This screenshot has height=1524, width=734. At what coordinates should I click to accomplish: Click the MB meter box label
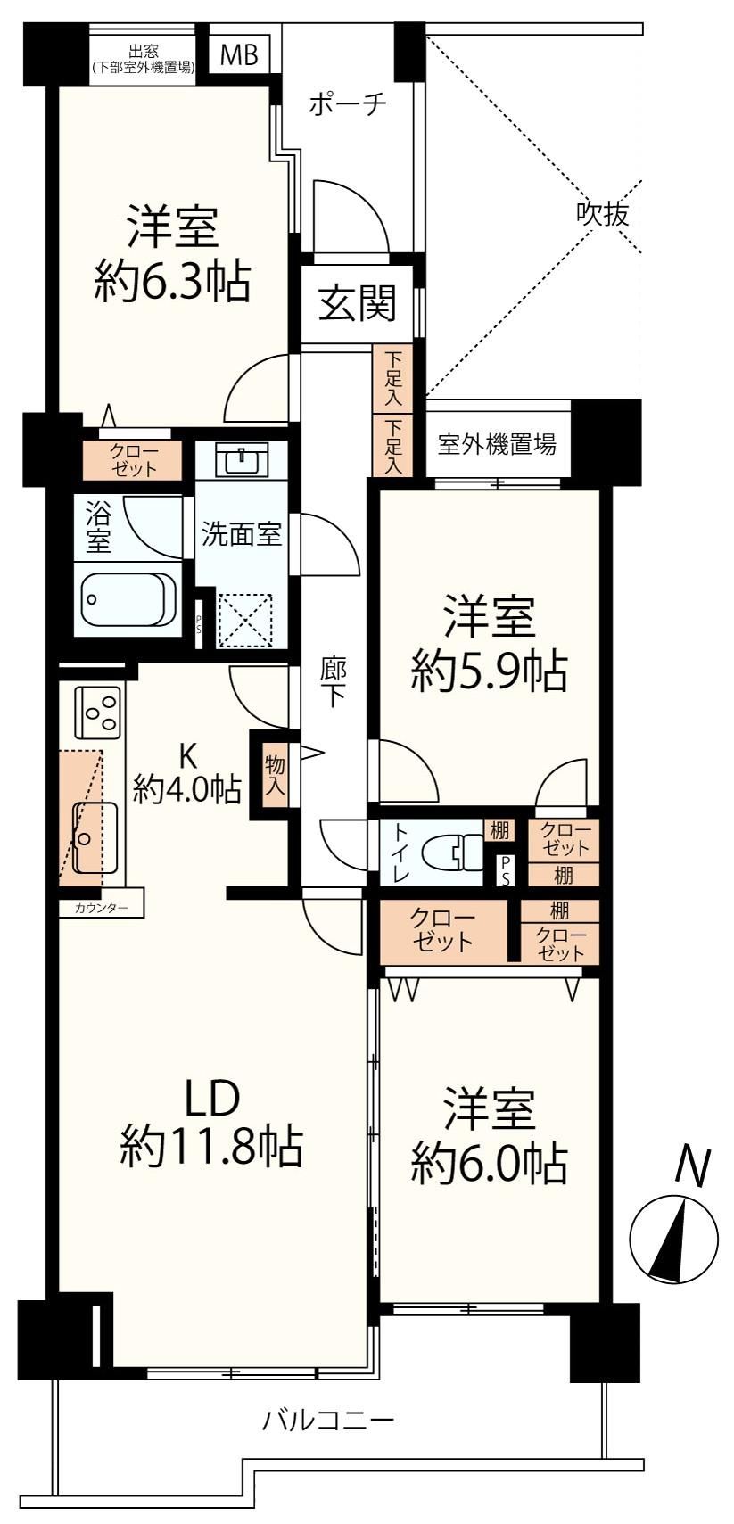[239, 54]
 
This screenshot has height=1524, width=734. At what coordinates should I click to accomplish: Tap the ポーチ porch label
[347, 104]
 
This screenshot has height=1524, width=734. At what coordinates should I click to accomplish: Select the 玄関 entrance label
[357, 303]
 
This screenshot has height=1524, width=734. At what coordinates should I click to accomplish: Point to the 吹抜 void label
[603, 214]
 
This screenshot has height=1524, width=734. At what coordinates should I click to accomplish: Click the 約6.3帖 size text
[172, 281]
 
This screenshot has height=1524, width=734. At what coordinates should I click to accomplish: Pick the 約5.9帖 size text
[489, 671]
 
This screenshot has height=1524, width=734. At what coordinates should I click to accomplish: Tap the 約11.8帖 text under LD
[210, 1146]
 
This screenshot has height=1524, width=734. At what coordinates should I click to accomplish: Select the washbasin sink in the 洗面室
[242, 460]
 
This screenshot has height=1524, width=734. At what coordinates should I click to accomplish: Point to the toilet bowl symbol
[452, 852]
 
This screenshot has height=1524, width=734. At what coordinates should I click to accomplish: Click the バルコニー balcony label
[328, 1420]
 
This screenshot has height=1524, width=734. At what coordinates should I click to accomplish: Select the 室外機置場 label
[497, 444]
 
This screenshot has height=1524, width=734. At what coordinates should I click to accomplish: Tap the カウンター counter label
[102, 907]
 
